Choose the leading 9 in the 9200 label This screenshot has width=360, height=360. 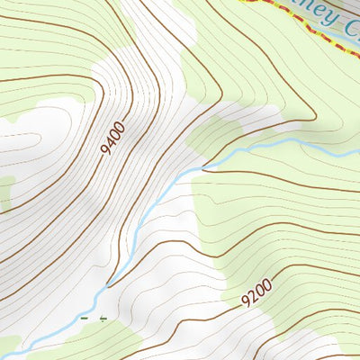[246, 301]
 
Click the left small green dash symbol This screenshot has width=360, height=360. [85, 318]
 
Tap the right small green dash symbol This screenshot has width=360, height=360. [103, 318]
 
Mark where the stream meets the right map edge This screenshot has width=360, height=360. [357, 137]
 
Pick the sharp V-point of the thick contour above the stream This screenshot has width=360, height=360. [204, 166]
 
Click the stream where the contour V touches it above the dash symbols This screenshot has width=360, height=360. [109, 286]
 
